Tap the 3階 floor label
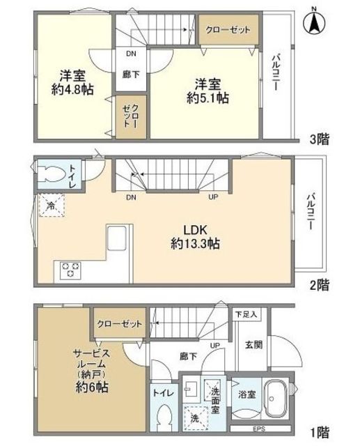pos(320,139)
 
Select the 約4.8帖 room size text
pos(72,90)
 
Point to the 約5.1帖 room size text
pos(208,98)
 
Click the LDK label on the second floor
pos(195,230)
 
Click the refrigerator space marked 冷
pos(52,206)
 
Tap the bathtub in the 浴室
pos(275,399)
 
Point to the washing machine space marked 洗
pos(195,418)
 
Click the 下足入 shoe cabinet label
pos(246,314)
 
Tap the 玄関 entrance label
pos(253,345)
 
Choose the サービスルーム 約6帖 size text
pos(92,387)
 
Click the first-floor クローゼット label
pos(119,323)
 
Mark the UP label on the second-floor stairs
pos(213,197)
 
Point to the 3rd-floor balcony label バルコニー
pos(275,72)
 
